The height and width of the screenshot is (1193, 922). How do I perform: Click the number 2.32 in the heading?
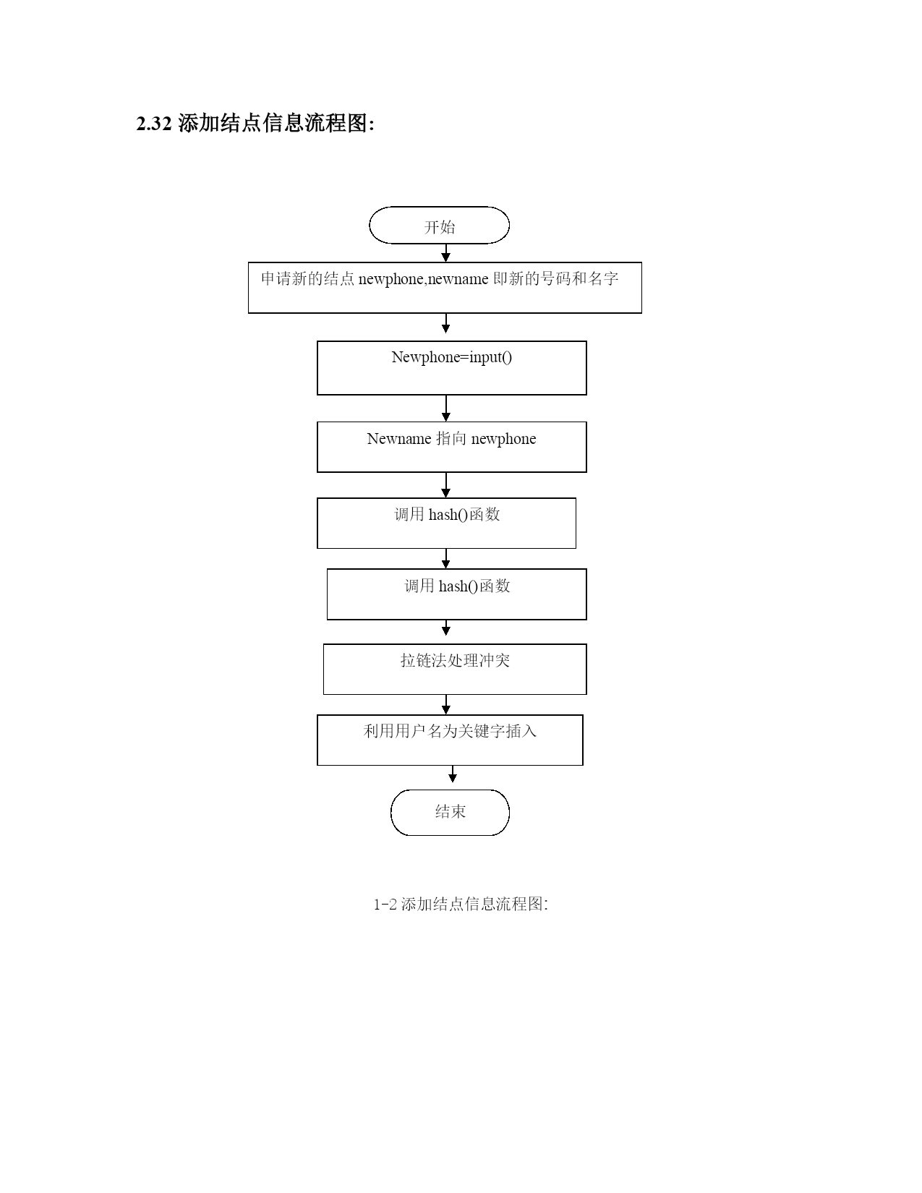pos(154,124)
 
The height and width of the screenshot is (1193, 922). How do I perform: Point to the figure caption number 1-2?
pos(385,905)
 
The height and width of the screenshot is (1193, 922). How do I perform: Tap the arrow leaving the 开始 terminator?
pos(446,253)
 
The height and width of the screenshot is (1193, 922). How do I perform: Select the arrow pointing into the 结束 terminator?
pos(453,774)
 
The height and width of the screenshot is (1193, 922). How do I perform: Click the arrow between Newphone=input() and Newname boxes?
pos(446,409)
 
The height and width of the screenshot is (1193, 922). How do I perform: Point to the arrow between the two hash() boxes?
pos(446,558)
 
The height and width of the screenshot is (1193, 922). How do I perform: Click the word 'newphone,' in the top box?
pos(392,279)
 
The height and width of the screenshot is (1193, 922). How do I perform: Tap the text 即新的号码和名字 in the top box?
pos(555,279)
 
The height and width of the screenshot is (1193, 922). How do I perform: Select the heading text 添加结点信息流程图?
pos(273,123)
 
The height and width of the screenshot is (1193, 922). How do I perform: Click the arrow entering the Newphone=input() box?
pos(446,323)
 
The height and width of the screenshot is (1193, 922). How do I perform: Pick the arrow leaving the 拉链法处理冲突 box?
pos(446,704)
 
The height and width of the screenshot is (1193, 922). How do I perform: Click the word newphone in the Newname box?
pos(503,440)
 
